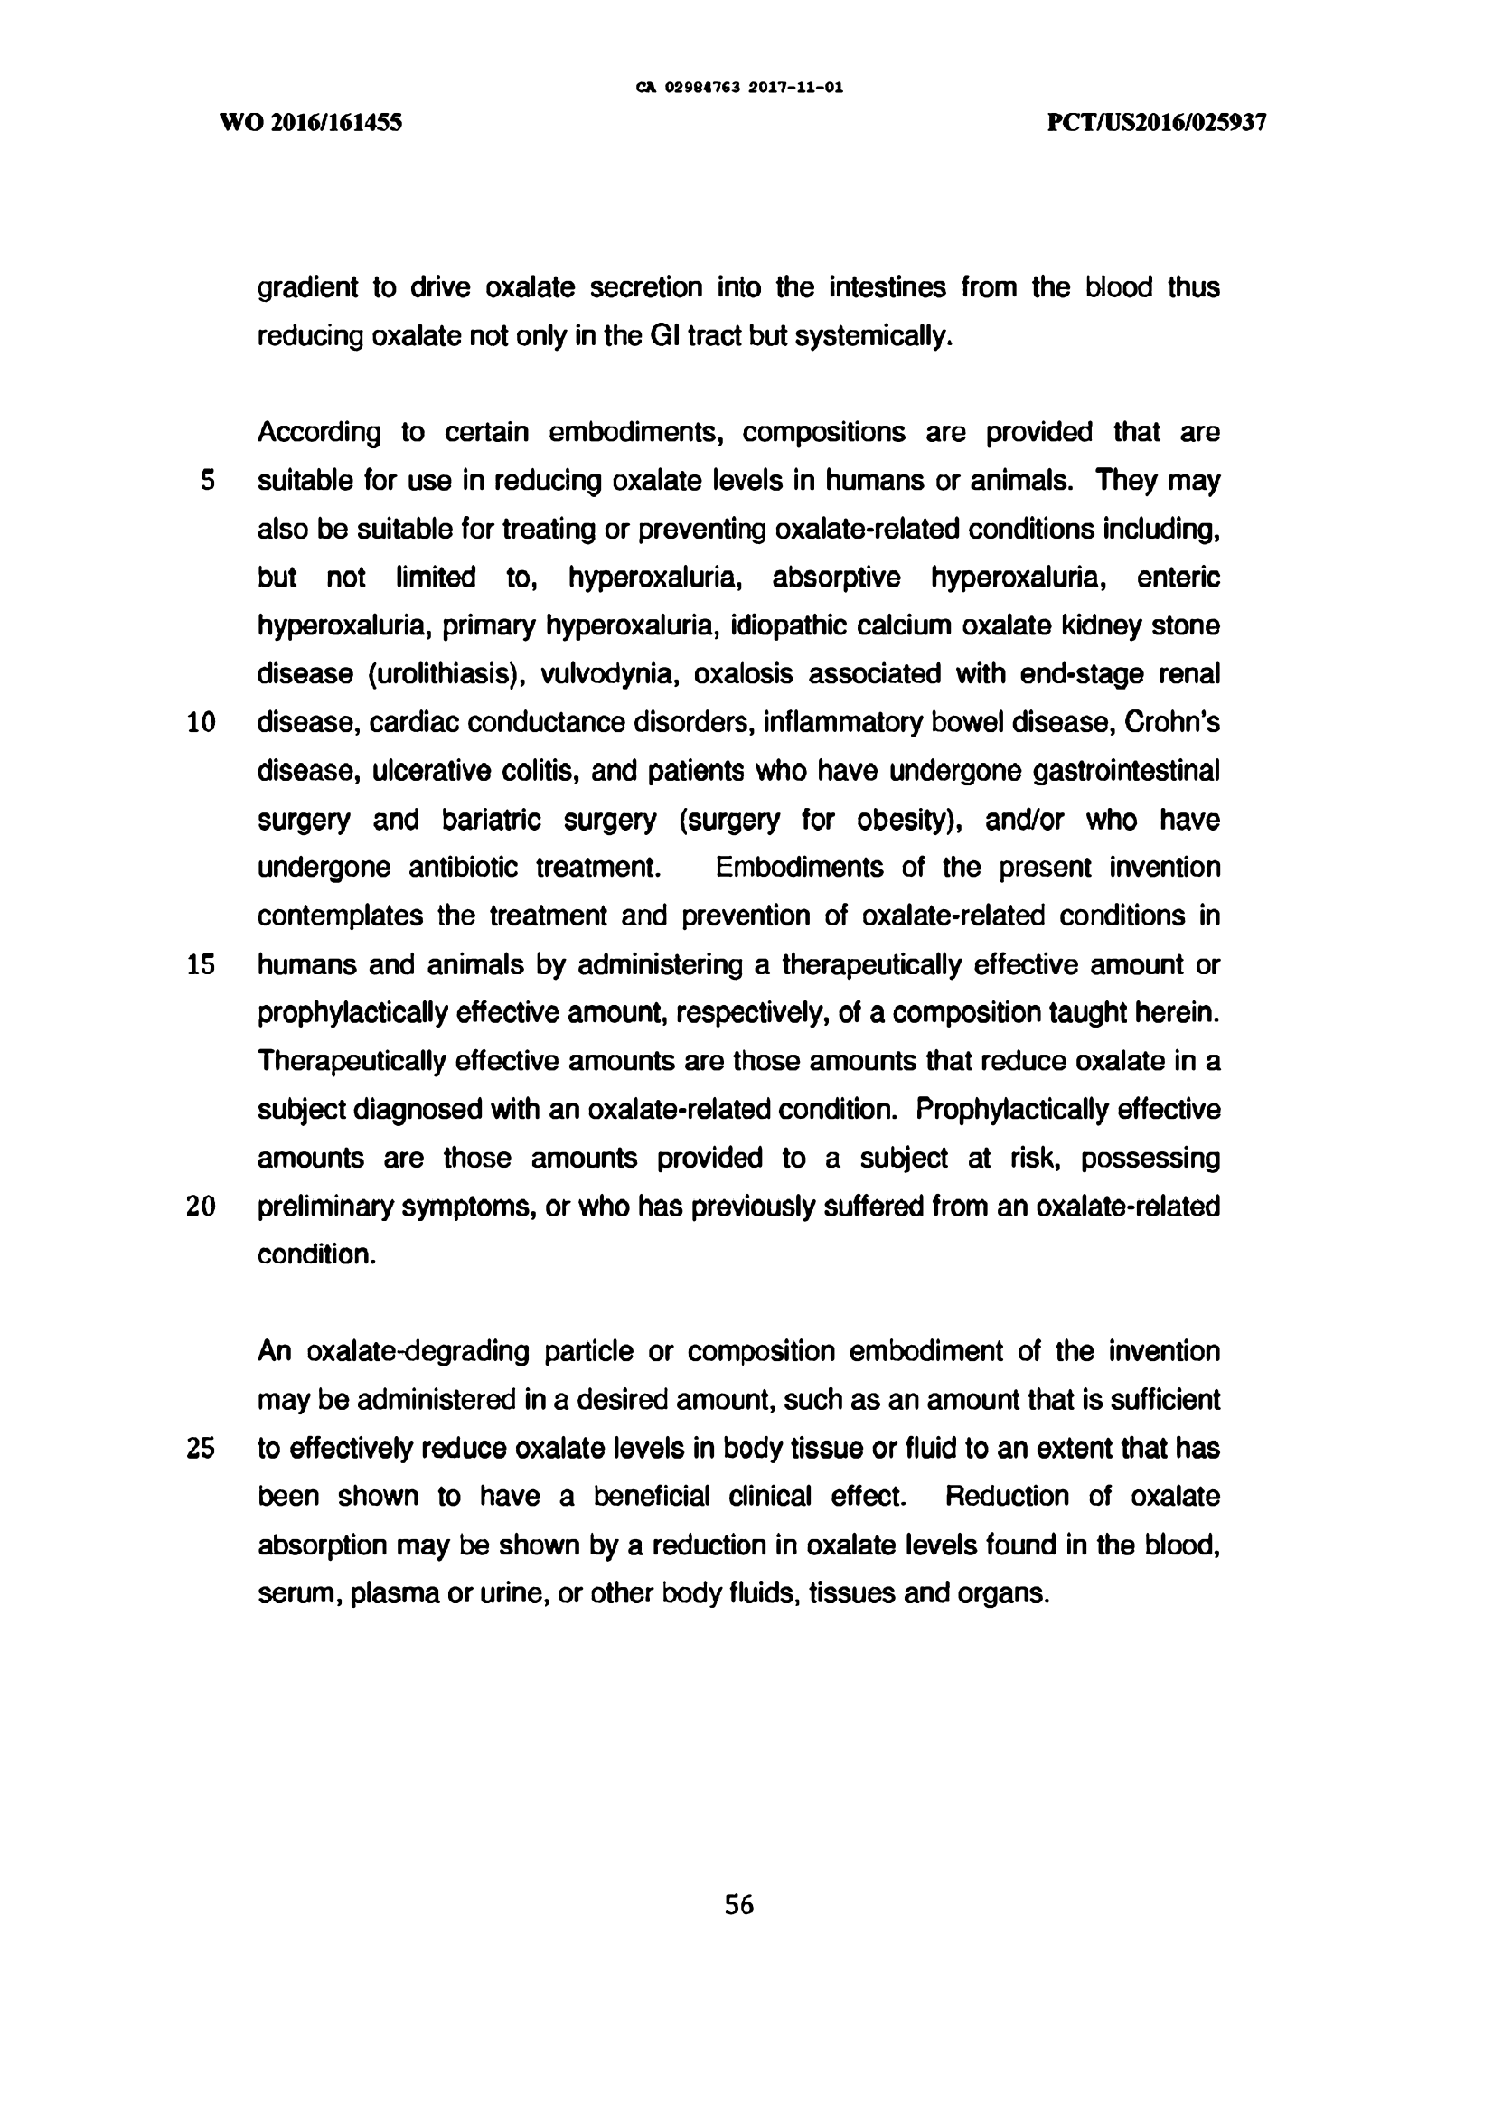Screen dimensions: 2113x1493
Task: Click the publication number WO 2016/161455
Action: pos(311,123)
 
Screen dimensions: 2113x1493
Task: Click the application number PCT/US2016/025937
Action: pos(1157,123)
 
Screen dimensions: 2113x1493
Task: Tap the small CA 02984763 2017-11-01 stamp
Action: pos(739,89)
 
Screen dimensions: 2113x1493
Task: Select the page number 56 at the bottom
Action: pos(739,1905)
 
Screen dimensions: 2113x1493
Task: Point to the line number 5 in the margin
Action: pos(208,481)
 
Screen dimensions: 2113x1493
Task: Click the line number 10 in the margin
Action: pos(201,722)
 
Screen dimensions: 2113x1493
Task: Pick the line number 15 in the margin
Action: pos(201,964)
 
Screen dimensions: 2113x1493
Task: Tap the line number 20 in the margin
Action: pos(201,1207)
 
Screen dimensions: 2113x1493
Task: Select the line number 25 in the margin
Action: pos(201,1449)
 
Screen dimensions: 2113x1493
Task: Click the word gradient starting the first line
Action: pos(306,288)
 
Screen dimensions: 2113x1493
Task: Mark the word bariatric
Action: pos(492,820)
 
